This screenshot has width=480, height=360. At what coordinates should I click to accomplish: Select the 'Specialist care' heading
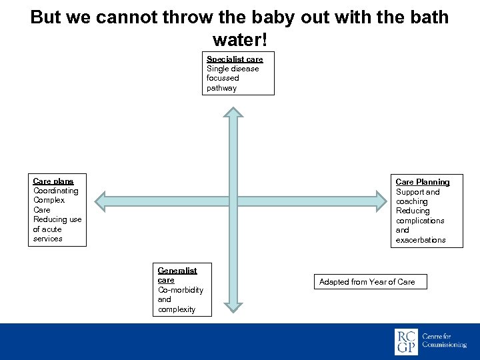(x=235, y=59)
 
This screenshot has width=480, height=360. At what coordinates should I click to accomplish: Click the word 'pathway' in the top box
(x=221, y=88)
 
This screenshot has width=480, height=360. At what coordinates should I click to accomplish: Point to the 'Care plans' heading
(x=53, y=181)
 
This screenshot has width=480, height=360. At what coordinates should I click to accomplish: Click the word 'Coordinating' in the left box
(x=56, y=191)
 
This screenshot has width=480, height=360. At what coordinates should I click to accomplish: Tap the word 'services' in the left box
(x=47, y=239)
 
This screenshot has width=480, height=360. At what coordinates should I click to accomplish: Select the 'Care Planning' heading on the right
(x=423, y=182)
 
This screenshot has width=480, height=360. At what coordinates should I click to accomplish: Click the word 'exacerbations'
(x=421, y=240)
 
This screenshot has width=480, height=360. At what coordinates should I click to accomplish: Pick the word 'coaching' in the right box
(x=412, y=201)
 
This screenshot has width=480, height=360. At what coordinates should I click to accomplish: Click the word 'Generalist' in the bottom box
(x=177, y=271)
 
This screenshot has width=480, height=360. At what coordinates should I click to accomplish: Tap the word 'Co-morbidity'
(x=181, y=290)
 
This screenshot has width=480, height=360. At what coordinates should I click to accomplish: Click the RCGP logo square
(x=406, y=342)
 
